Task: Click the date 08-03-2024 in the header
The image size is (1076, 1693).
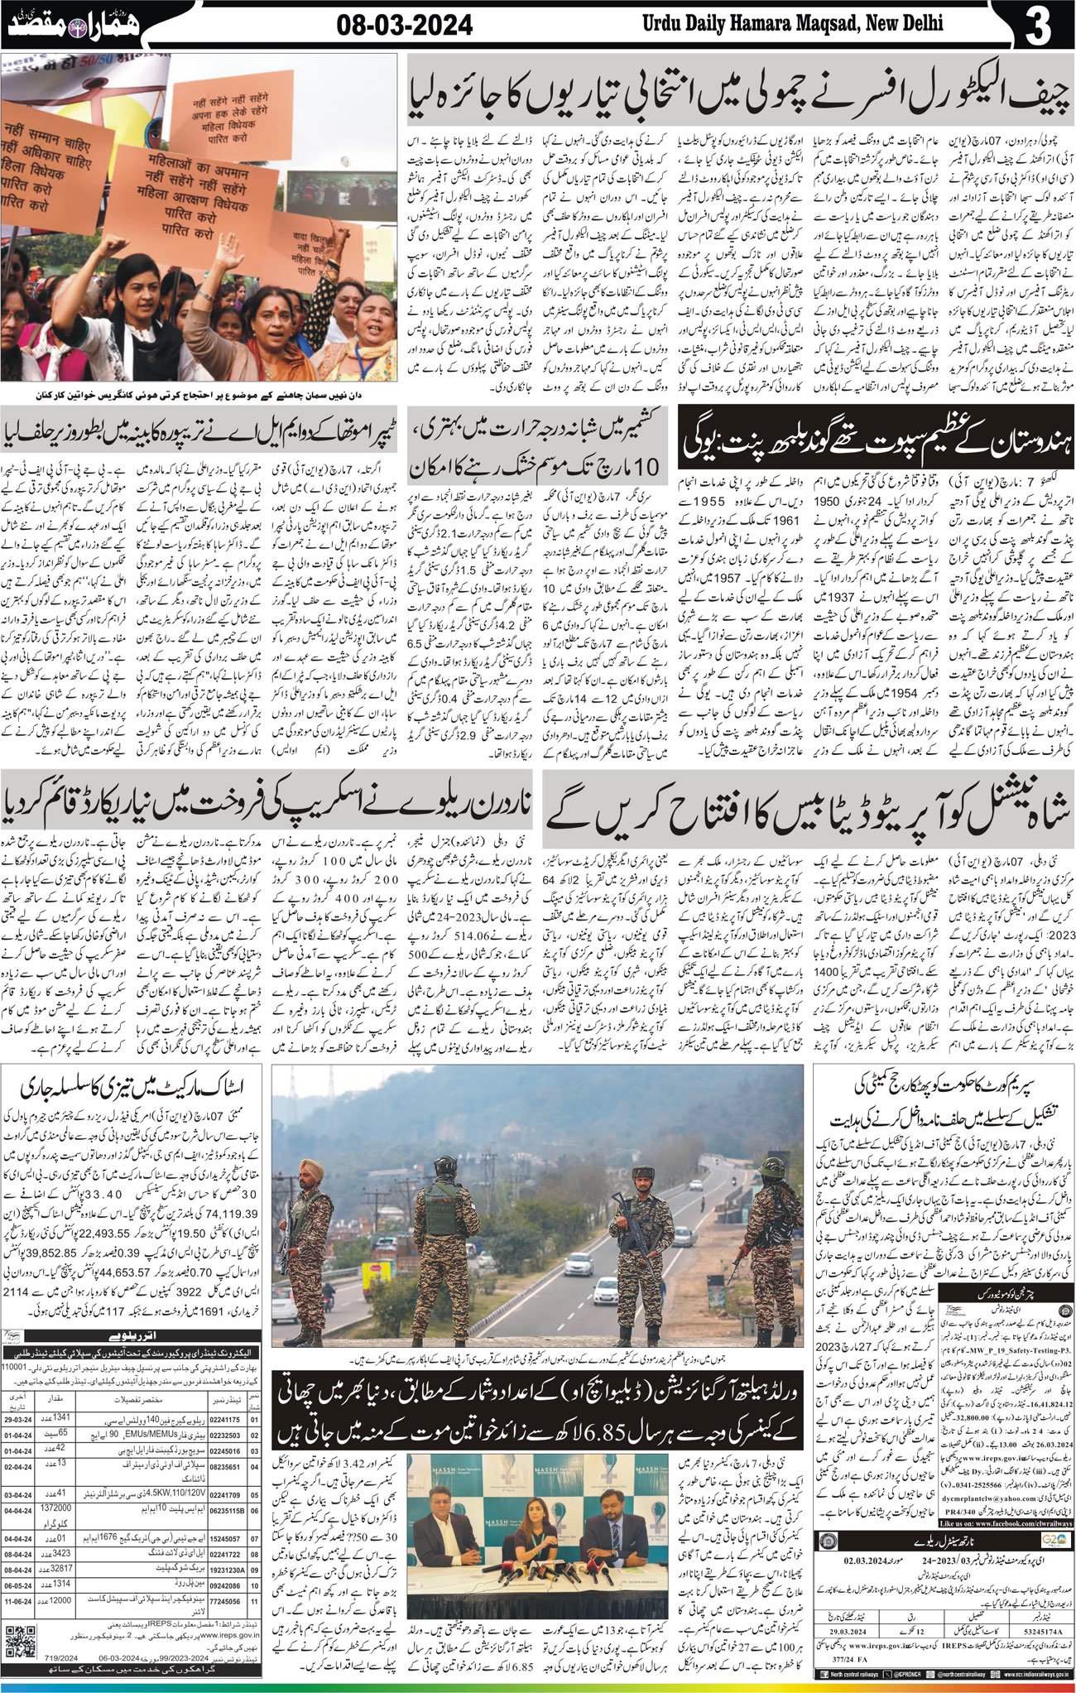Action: [405, 26]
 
